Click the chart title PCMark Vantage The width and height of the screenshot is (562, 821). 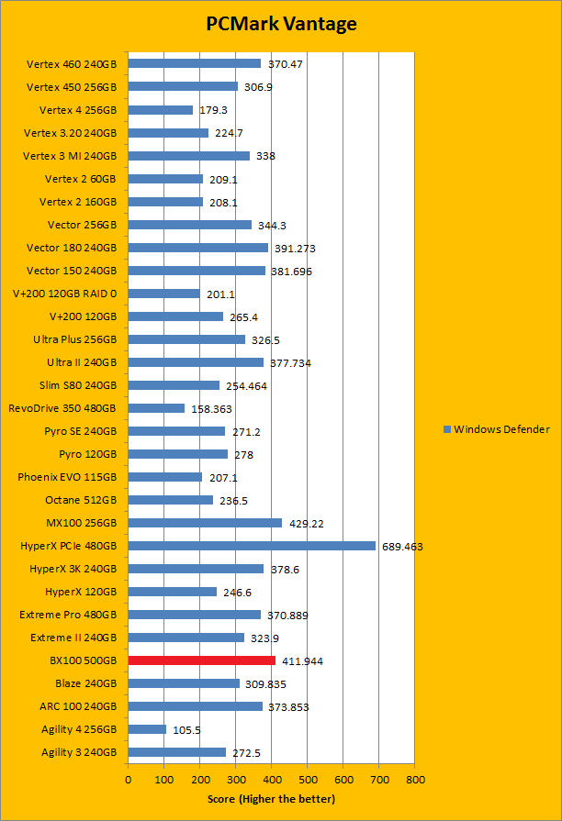click(281, 24)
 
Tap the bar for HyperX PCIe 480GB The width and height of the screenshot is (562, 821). click(252, 546)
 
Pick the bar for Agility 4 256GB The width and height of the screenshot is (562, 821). click(147, 729)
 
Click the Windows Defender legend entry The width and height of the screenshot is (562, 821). click(496, 429)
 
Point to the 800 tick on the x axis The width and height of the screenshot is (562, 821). click(415, 780)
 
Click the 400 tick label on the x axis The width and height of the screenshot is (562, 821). click(272, 780)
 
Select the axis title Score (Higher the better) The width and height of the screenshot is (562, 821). click(271, 799)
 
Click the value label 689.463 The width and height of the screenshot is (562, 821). click(402, 547)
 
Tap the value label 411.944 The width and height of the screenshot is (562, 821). click(302, 661)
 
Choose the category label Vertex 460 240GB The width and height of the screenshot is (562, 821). click(72, 64)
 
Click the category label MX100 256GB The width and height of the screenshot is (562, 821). click(82, 523)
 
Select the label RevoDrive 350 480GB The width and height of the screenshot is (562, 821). click(62, 408)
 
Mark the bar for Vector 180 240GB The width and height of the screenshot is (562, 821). click(197, 248)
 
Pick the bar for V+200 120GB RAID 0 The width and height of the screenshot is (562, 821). click(163, 294)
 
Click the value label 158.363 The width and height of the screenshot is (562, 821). click(212, 409)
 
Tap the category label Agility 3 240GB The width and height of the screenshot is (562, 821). click(78, 752)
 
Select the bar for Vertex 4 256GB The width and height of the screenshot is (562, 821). click(161, 110)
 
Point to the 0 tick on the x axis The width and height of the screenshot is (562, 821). click(129, 780)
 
